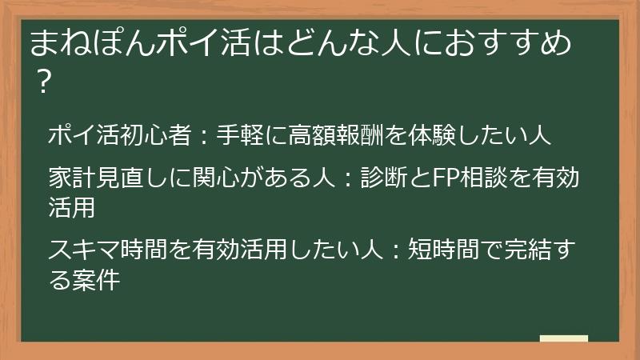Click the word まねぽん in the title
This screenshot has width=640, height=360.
point(84,42)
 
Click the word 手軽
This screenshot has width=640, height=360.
point(239,134)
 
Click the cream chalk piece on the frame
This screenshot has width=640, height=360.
point(563,338)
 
